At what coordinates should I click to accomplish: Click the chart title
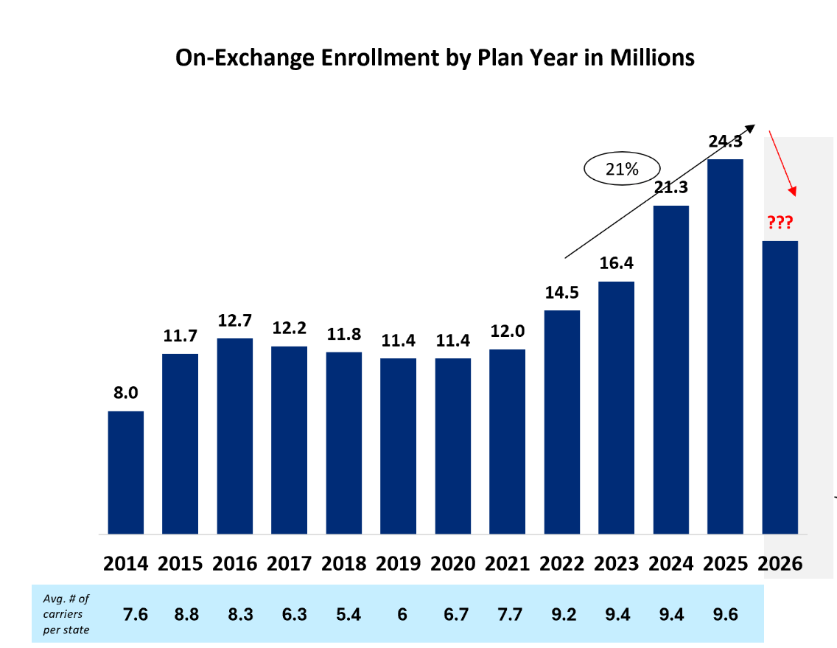(435, 58)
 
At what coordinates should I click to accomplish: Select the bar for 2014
(125, 472)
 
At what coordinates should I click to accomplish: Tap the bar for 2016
(234, 436)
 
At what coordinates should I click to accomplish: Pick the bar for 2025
(725, 346)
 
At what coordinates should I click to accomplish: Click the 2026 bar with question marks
(780, 387)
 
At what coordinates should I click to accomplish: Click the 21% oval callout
(622, 169)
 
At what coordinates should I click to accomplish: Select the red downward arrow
(782, 163)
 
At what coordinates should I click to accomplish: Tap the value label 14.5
(561, 292)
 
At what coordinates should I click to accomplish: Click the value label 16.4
(616, 263)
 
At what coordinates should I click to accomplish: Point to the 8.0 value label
(125, 393)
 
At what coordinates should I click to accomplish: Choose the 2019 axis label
(398, 563)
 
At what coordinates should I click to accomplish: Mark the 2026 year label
(780, 563)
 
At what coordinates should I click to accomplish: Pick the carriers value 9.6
(725, 613)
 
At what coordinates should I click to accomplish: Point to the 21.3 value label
(670, 189)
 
